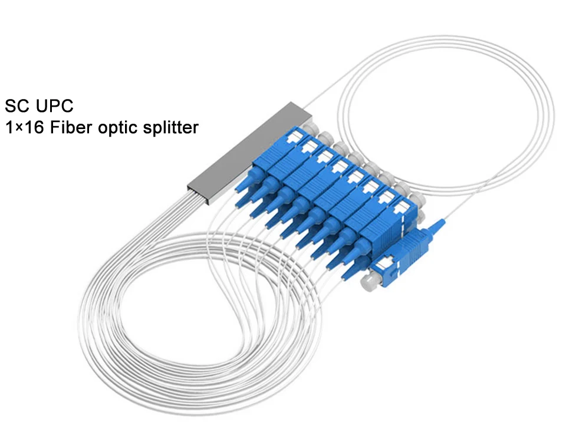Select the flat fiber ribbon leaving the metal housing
click(177, 203)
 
